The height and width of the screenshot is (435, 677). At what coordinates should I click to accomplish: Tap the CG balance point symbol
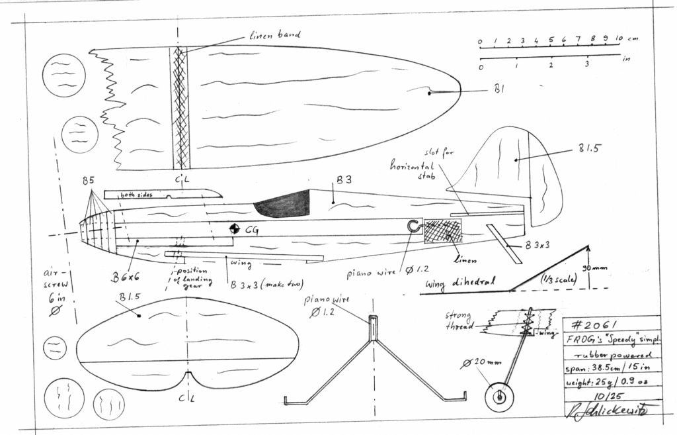coord(234,230)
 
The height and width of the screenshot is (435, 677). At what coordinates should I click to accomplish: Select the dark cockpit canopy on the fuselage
coord(283,204)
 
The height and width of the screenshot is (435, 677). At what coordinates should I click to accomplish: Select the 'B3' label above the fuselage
coord(344,179)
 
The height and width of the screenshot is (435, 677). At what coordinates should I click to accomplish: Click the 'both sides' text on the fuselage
coord(136,195)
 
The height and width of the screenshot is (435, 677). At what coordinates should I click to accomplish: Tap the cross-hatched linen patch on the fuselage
coord(443,231)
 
